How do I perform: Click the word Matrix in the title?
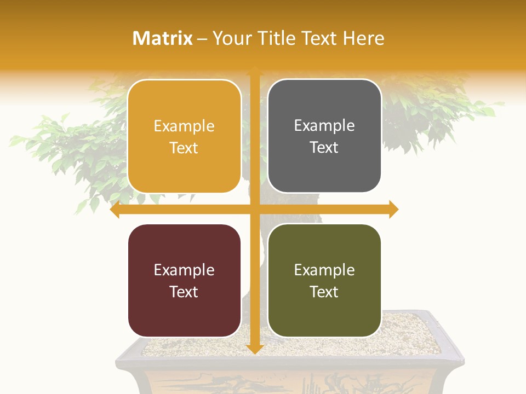tap(163, 38)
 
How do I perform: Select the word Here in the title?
tap(364, 38)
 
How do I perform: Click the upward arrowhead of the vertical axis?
tap(254, 71)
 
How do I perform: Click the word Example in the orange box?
tap(184, 126)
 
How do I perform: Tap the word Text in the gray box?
tap(324, 148)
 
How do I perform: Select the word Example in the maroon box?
tap(184, 270)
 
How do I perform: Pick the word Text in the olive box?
tap(324, 292)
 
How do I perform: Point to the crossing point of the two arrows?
tap(254, 210)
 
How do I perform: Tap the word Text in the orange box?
tap(184, 148)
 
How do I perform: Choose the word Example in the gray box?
tap(324, 126)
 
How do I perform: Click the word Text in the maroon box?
tap(184, 292)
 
